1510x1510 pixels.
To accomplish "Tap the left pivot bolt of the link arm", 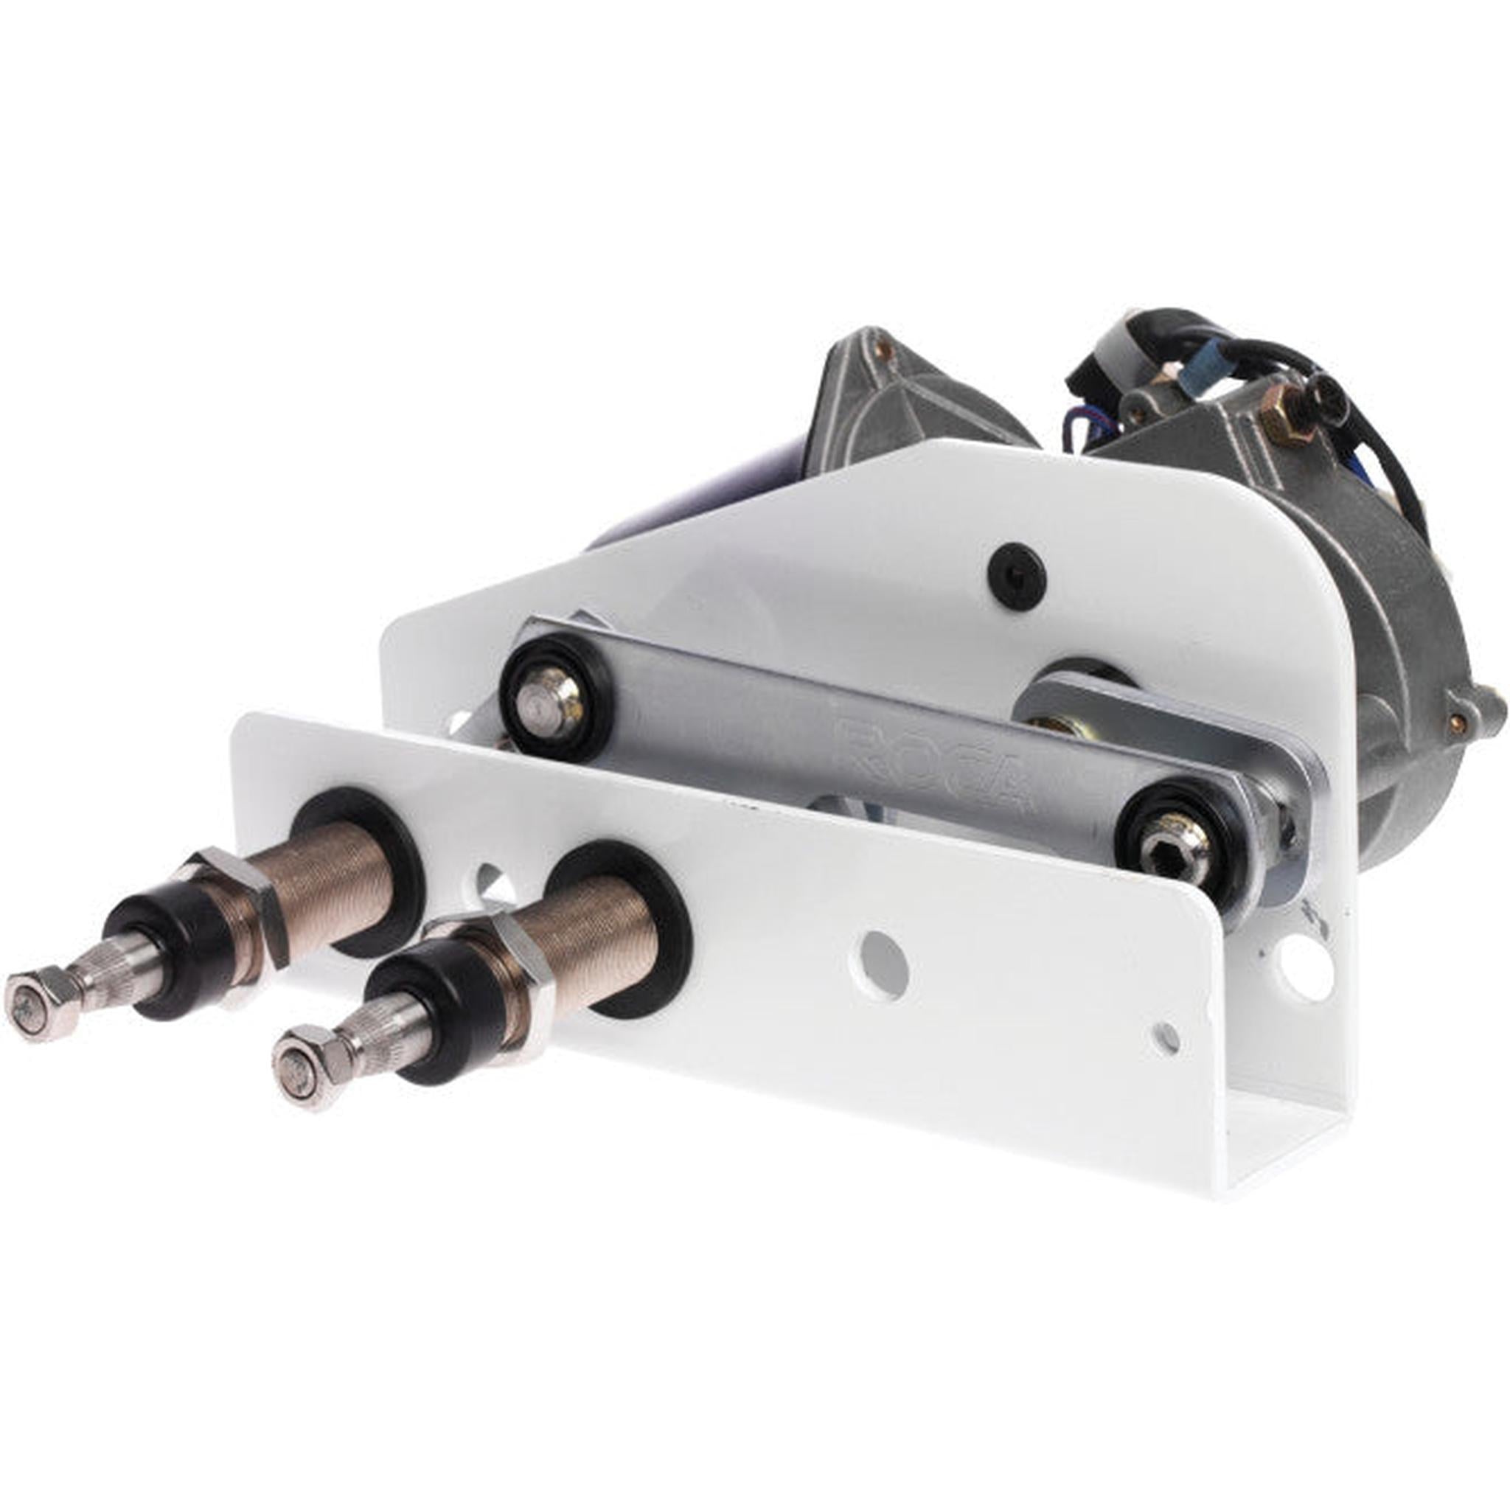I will (551, 696).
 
